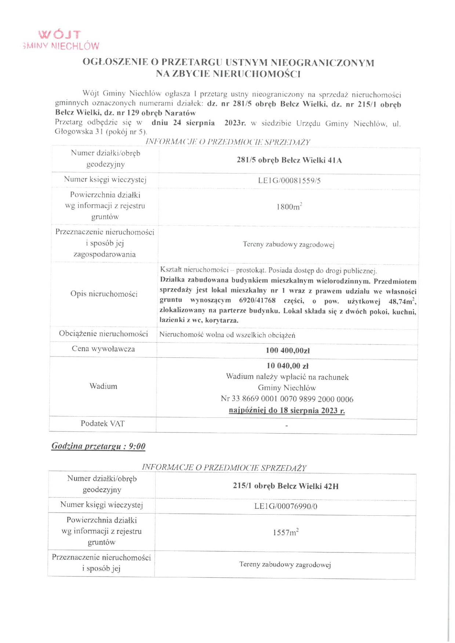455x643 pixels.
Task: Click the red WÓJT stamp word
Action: (59, 35)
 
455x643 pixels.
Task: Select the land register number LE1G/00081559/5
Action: (289, 180)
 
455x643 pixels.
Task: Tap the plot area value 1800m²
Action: (289, 207)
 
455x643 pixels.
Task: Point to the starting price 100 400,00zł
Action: (288, 351)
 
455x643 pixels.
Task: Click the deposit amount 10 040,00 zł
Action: (287, 366)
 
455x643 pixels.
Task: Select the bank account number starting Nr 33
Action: (287, 399)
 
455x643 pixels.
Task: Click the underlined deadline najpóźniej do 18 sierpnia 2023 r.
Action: (287, 410)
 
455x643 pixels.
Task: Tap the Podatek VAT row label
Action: (103, 424)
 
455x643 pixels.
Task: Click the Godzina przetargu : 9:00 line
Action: (98, 446)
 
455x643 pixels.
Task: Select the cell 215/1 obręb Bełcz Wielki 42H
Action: (285, 486)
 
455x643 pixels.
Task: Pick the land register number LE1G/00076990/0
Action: (285, 507)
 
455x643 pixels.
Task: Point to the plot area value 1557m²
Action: (285, 533)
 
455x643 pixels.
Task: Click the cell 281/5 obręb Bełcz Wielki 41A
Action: (289, 160)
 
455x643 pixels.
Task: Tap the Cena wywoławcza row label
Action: (103, 349)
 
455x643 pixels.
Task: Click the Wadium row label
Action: (103, 386)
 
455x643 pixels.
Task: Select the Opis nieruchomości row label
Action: (104, 294)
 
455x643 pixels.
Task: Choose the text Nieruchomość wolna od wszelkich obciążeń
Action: (227, 335)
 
